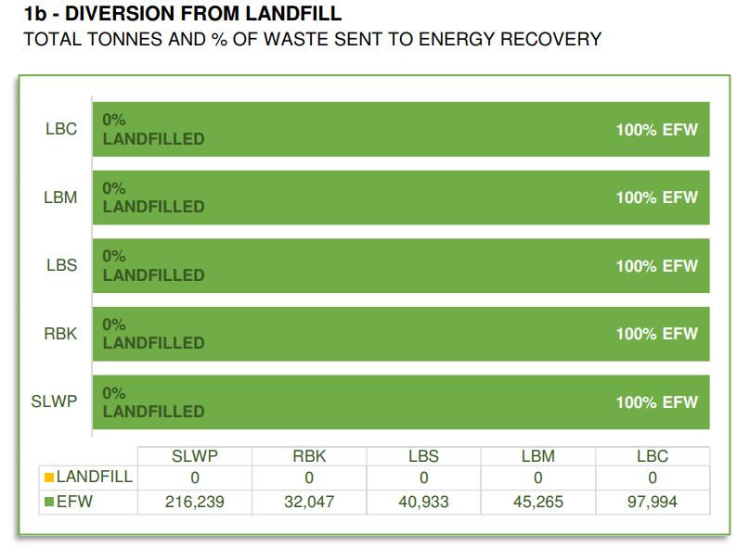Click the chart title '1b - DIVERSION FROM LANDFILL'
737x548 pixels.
click(x=182, y=14)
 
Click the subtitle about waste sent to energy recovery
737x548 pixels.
click(x=312, y=39)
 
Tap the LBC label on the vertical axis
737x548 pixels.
click(x=61, y=129)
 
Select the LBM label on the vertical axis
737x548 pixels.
click(x=61, y=198)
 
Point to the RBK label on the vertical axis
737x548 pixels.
click(x=61, y=334)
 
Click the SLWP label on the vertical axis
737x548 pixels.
click(x=55, y=402)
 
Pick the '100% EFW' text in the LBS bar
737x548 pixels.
click(x=656, y=266)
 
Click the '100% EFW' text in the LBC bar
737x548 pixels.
click(x=656, y=130)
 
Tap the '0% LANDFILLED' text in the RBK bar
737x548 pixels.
click(x=153, y=334)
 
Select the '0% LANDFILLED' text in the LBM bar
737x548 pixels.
click(x=153, y=198)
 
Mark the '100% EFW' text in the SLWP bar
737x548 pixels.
click(x=656, y=402)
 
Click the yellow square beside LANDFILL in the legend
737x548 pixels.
click(x=49, y=478)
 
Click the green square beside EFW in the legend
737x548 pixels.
click(x=49, y=503)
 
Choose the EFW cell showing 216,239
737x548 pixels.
click(x=194, y=503)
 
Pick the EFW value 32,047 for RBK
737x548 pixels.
click(x=309, y=503)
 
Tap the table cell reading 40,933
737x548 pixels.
click(x=423, y=503)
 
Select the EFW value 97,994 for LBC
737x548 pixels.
click(x=653, y=503)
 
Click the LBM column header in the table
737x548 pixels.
click(x=537, y=456)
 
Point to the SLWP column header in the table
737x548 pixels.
click(x=194, y=456)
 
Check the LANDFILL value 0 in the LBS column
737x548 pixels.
click(x=423, y=478)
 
